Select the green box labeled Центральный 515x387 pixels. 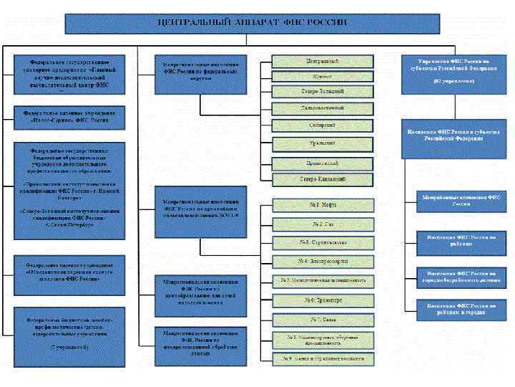pyautogui.click(x=322, y=61)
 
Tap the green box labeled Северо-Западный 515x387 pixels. pyautogui.click(x=322, y=92)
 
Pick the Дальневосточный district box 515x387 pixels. pyautogui.click(x=322, y=109)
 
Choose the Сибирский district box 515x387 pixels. pyautogui.click(x=322, y=125)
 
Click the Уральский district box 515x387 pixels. pyautogui.click(x=322, y=143)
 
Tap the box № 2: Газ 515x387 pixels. pyautogui.click(x=322, y=224)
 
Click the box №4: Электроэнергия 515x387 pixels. pyautogui.click(x=322, y=261)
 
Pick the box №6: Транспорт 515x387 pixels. pyautogui.click(x=322, y=300)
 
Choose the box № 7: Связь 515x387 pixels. pyautogui.click(x=322, y=319)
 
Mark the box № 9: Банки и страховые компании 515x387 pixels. pyautogui.click(x=322, y=357)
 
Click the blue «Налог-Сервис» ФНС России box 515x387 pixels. pyautogui.click(x=69, y=118)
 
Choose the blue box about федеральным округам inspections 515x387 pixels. pyautogui.click(x=200, y=75)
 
